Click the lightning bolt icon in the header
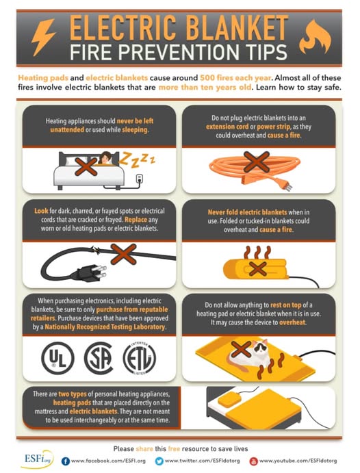point(43,37)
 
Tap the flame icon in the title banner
point(315,38)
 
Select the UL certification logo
point(57,358)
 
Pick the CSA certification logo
point(99,358)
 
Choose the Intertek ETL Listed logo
point(140,359)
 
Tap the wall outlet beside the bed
point(140,179)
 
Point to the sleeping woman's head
point(105,157)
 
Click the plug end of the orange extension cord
point(283,183)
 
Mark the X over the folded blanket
point(258,269)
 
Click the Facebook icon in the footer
point(66,461)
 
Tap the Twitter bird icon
point(159,461)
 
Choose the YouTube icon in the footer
point(254,461)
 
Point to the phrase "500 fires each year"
point(235,78)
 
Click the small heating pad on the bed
point(229,400)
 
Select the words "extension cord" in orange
point(227,127)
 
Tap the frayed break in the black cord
point(96,250)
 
